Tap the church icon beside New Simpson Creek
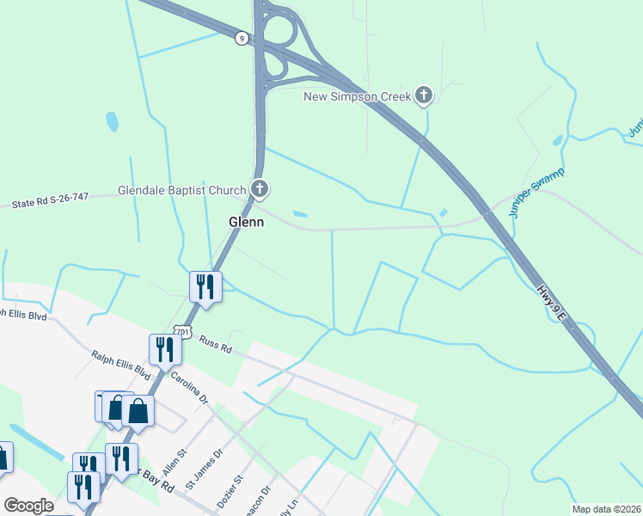423,95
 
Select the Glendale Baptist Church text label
183,189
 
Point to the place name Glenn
246,221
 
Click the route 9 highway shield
242,38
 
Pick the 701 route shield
181,330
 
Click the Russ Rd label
216,344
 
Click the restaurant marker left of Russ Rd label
164,348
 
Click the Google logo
29,506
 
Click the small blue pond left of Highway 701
112,121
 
